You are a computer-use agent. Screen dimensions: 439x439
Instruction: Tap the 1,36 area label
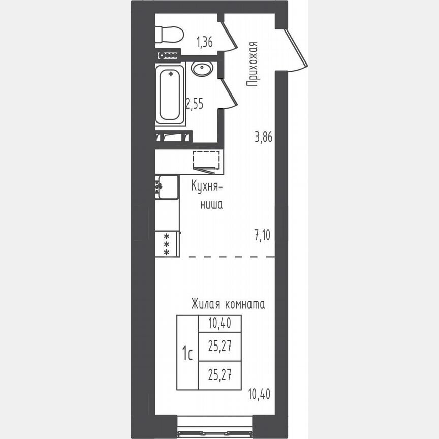point(204,43)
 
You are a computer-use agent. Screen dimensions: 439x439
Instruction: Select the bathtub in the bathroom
point(170,95)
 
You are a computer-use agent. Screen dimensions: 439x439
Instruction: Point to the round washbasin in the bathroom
point(202,69)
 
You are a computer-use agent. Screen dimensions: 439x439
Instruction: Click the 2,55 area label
point(194,104)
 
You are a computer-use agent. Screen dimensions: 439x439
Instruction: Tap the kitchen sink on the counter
point(167,187)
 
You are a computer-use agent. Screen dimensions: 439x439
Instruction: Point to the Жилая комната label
point(228,305)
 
